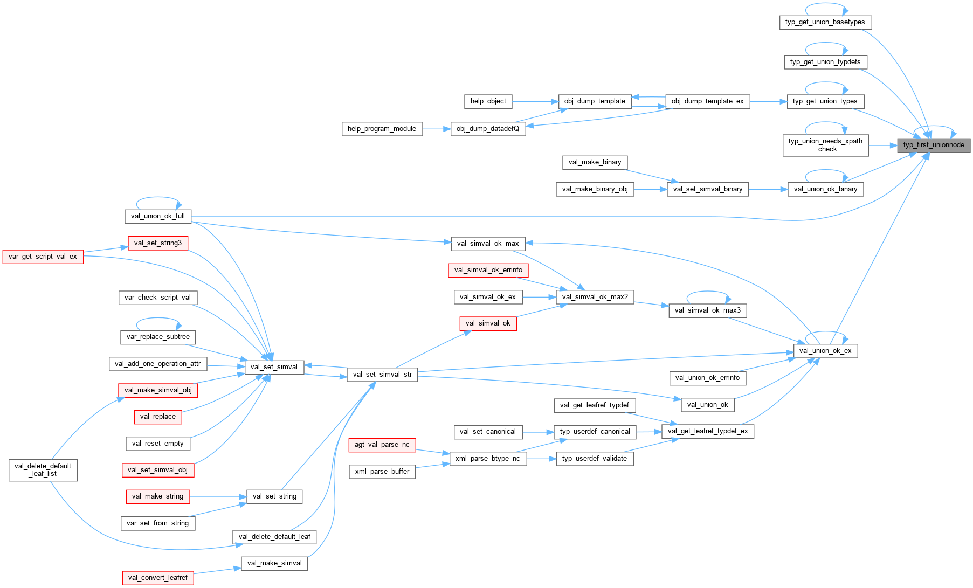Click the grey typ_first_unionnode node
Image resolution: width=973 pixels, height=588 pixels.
click(933, 145)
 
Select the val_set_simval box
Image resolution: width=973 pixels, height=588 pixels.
click(274, 367)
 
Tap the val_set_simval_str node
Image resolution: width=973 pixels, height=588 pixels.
click(382, 375)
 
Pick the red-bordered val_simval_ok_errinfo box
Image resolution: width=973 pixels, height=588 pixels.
click(488, 270)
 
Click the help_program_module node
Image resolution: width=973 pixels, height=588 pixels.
click(382, 129)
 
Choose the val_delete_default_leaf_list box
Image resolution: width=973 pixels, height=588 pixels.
click(43, 470)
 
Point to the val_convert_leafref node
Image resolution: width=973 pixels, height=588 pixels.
click(157, 578)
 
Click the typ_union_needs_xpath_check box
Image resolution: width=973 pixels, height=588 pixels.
click(825, 145)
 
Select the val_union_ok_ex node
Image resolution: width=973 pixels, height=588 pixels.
click(825, 351)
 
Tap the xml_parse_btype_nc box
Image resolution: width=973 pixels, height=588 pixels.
click(488, 459)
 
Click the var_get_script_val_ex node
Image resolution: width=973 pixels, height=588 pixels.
click(43, 257)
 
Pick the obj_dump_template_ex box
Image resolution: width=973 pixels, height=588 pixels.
click(707, 101)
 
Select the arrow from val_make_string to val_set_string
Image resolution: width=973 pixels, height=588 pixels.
click(218, 496)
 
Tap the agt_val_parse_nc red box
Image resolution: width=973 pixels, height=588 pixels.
click(382, 445)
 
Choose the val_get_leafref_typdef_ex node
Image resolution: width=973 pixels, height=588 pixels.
click(707, 431)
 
